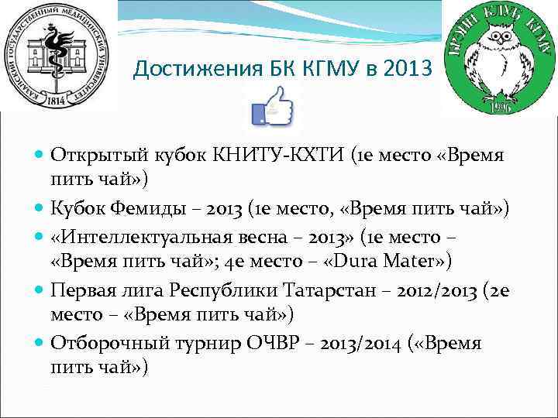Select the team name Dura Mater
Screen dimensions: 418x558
(x=387, y=260)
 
